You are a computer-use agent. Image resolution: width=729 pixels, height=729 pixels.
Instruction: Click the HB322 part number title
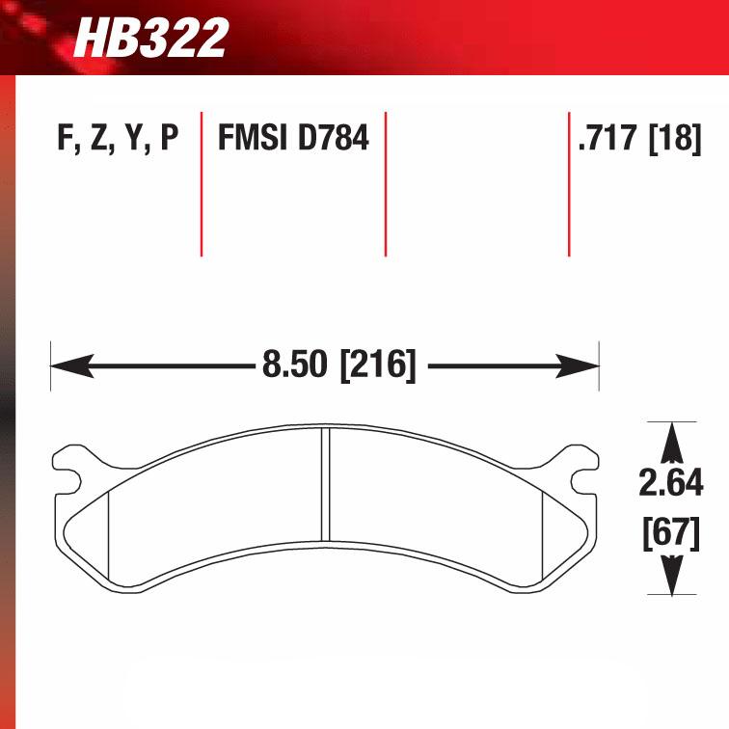[151, 39]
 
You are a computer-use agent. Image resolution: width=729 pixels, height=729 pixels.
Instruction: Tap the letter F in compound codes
[67, 140]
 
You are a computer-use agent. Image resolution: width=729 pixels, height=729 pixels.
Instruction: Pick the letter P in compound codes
[169, 140]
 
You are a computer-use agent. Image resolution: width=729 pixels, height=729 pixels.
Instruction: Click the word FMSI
[254, 140]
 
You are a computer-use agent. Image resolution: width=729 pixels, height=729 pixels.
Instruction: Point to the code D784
[333, 140]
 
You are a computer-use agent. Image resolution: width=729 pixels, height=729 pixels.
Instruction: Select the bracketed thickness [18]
[674, 140]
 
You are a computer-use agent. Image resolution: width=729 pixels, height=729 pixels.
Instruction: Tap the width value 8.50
[295, 366]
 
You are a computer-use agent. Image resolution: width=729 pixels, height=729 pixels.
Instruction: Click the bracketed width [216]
[377, 366]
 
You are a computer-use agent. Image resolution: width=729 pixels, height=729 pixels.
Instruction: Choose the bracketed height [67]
[671, 532]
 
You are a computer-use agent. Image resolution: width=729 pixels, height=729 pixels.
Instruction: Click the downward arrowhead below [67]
[671, 579]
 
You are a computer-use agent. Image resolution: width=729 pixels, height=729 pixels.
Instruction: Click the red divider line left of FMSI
[201, 183]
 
